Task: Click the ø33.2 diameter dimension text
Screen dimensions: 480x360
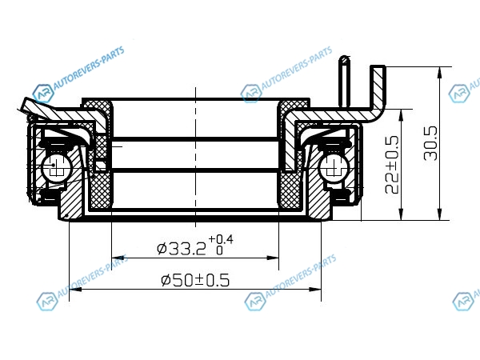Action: pos(181,249)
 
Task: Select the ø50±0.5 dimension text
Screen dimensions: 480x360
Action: pos(195,280)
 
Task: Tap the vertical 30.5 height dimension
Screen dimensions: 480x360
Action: pos(430,143)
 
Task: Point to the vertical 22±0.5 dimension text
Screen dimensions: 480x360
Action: pos(392,165)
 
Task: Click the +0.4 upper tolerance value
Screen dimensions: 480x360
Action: pos(221,239)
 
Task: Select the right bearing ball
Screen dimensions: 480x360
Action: pos(334,167)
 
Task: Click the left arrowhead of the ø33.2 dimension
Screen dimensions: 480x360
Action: pos(118,258)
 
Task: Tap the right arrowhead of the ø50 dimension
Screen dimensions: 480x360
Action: pos(315,289)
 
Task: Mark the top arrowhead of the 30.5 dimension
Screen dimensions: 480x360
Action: pos(439,73)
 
